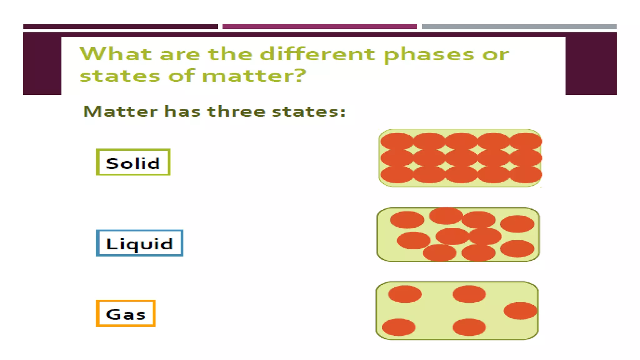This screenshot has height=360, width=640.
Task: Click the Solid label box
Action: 133,162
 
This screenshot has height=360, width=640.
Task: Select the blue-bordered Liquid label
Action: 139,243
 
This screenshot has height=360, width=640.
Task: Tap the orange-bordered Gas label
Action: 126,313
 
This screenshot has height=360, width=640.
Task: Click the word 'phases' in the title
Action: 429,55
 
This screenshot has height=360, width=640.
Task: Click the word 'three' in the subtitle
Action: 236,112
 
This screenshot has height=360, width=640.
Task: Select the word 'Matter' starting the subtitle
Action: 121,112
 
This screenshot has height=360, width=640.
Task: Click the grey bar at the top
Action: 519,27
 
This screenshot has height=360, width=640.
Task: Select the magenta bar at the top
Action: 319,27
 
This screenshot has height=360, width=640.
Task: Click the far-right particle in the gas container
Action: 520,311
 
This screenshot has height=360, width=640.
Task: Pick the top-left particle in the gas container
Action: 405,294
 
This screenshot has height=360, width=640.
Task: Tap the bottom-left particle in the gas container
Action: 399,327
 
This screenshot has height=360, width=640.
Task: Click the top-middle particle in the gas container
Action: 469,294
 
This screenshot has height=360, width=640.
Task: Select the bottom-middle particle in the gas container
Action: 469,327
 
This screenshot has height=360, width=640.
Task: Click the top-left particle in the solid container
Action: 397,141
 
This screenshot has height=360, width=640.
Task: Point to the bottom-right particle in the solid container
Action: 525,174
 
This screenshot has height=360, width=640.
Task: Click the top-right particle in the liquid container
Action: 517,224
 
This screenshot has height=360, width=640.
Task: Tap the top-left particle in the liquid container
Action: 407,220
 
